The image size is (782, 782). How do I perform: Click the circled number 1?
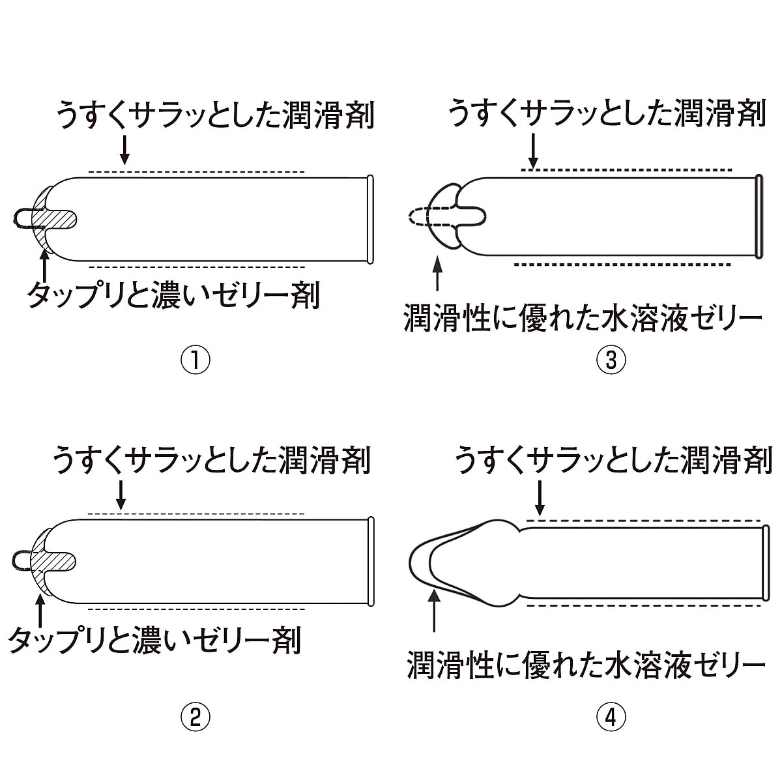coord(195,360)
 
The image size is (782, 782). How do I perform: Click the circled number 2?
coord(195,717)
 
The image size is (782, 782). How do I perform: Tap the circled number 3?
coord(611,360)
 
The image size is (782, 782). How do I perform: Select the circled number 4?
coord(611,717)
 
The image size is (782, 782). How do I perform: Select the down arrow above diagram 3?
coord(534,150)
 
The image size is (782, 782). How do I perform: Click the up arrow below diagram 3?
coord(437,274)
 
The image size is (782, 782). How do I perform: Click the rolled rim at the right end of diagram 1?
coord(370,220)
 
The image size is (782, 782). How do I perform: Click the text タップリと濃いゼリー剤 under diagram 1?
coord(173,296)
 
